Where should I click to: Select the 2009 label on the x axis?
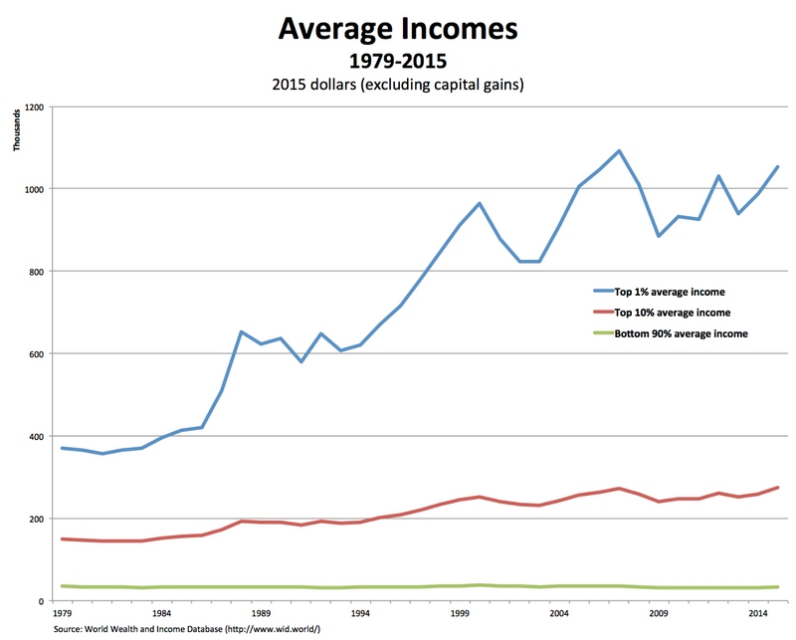point(658,615)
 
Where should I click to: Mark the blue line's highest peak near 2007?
point(619,151)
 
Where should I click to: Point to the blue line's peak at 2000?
point(480,203)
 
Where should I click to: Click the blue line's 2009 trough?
point(659,236)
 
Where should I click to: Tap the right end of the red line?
point(777,488)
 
